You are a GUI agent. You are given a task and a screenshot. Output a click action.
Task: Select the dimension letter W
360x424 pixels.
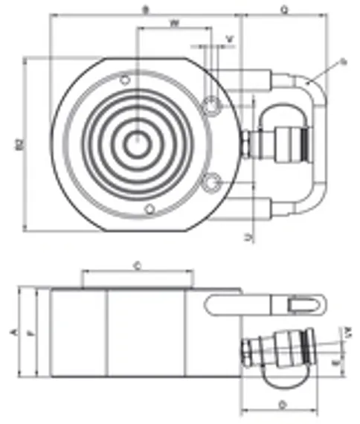174,23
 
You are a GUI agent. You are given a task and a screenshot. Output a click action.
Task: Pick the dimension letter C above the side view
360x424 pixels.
139,264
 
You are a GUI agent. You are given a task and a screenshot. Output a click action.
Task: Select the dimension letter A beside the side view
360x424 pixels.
11,331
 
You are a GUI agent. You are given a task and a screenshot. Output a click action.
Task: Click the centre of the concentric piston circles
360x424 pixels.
136,144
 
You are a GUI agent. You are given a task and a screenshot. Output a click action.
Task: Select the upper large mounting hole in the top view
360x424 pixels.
213,106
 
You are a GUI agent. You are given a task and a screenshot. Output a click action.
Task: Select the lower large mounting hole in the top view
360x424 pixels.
213,181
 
